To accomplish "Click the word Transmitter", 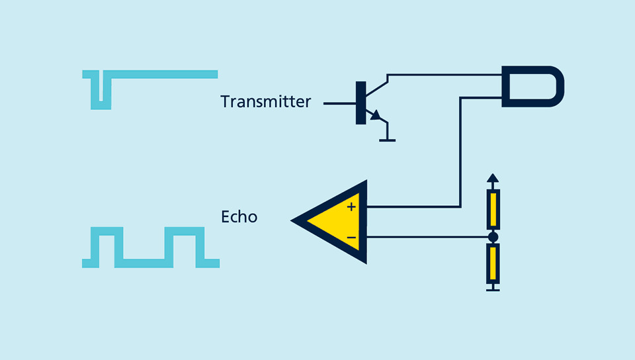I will click(x=265, y=102).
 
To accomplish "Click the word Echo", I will click(x=239, y=216).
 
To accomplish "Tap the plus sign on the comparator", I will click(x=351, y=207).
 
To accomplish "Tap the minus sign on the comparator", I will click(x=351, y=237).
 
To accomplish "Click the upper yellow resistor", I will click(x=493, y=209).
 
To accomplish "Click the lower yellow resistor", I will click(x=493, y=263).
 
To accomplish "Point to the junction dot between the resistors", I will click(x=493, y=237).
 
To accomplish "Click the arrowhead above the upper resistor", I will click(x=492, y=178).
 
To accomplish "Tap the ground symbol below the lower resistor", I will click(x=493, y=289).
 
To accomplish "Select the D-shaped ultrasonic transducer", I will click(x=532, y=86).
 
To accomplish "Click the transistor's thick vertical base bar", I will click(x=360, y=103).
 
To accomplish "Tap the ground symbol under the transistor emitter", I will click(x=387, y=140).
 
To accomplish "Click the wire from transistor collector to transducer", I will click(x=443, y=75).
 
